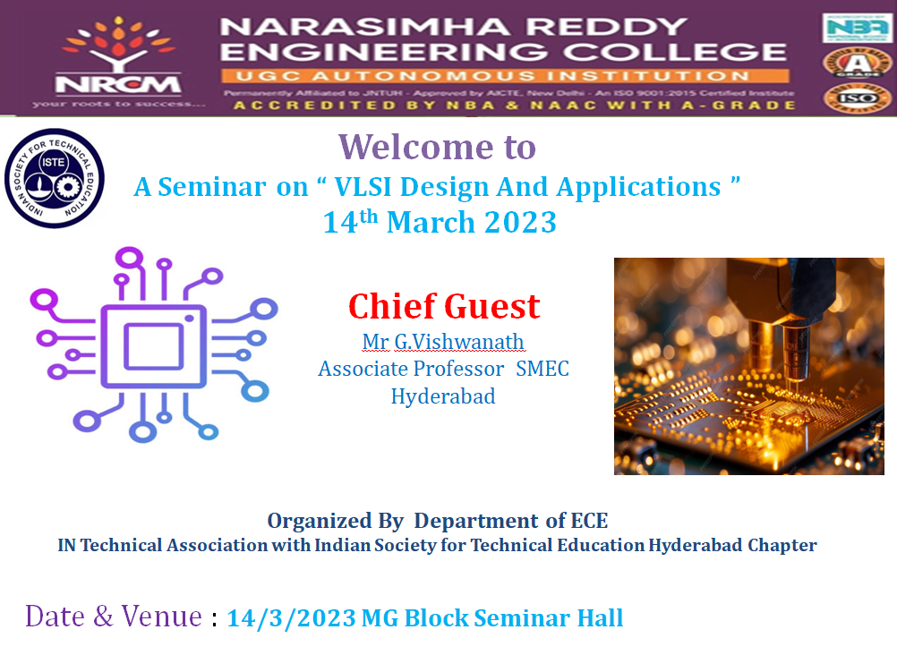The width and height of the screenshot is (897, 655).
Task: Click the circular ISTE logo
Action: pyautogui.click(x=55, y=177)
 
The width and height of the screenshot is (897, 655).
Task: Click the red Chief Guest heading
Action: pyautogui.click(x=444, y=306)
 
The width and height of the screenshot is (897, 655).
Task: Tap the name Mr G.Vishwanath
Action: pyautogui.click(x=443, y=342)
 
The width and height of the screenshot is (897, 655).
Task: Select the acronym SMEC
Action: pyautogui.click(x=542, y=369)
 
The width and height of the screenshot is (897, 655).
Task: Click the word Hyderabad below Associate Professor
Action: pyautogui.click(x=443, y=396)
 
